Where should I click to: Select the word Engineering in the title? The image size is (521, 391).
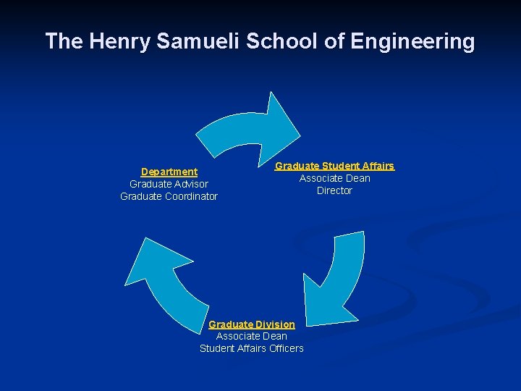tap(412, 41)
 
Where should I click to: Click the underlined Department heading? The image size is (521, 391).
tap(169, 172)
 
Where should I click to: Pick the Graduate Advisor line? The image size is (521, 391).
tap(169, 184)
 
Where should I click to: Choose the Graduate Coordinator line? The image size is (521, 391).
tap(169, 196)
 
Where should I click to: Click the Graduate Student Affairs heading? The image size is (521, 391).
tap(334, 166)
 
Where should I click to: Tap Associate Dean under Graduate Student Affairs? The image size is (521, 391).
tap(334, 178)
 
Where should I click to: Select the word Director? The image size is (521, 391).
tap(334, 190)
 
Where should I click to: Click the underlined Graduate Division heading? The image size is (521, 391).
tap(252, 324)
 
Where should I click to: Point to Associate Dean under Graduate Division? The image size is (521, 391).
tap(252, 336)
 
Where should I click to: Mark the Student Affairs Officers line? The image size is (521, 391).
tap(252, 348)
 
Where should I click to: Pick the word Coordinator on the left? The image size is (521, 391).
tap(190, 196)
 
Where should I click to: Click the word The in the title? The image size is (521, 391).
tap(64, 41)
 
